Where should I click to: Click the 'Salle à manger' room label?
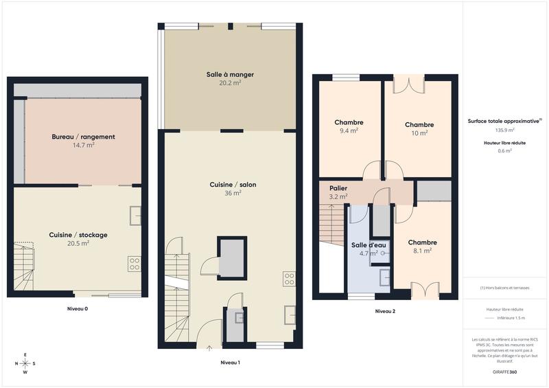click(230, 74)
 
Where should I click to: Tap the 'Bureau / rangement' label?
click(83, 137)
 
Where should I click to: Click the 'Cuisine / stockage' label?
click(78, 235)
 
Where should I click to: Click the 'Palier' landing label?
click(338, 187)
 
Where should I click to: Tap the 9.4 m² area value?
click(349, 130)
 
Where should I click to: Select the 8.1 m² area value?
click(422, 251)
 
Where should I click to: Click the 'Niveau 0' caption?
click(78, 309)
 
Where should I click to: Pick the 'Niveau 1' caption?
click(230, 362)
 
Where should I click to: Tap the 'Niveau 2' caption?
click(385, 311)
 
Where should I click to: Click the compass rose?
click(25, 363)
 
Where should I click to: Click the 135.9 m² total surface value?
click(505, 130)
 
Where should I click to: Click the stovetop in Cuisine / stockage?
click(135, 264)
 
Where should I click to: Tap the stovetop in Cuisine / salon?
click(289, 279)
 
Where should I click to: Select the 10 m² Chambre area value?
click(419, 133)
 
